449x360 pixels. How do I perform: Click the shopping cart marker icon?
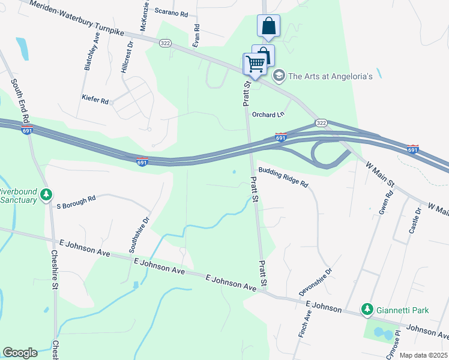coord(255,64)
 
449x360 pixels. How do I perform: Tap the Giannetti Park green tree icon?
coord(367,310)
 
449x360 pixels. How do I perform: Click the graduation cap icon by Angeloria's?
coord(279,76)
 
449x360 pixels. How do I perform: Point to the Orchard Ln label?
coord(267,115)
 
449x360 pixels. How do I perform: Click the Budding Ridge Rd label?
coord(283,177)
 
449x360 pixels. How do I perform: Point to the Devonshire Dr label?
coord(317,282)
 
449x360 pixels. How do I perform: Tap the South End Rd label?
coord(17,105)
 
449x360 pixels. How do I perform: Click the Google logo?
coord(20,353)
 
